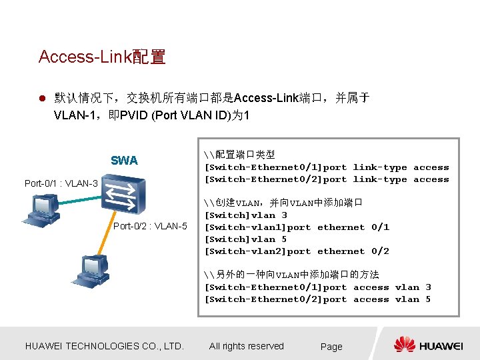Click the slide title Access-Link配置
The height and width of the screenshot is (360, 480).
(102, 57)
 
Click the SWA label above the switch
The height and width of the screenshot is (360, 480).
(124, 160)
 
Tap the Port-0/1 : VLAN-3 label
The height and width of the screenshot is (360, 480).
(61, 183)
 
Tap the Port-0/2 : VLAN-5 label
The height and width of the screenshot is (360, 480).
(150, 226)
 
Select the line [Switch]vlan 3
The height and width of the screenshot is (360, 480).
(245, 215)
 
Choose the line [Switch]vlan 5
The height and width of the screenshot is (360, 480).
(245, 239)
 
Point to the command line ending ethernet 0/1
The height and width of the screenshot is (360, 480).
(297, 227)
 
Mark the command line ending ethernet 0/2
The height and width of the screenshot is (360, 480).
(297, 251)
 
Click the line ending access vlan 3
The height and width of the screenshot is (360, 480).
(317, 287)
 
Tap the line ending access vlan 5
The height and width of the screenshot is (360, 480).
(317, 299)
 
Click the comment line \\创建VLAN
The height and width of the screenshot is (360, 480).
(284, 203)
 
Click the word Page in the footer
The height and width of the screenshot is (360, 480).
(331, 347)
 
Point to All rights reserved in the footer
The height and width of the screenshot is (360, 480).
(246, 346)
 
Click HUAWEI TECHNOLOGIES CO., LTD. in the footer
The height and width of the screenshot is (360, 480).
(104, 346)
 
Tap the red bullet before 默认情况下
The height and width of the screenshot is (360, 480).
(41, 99)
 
